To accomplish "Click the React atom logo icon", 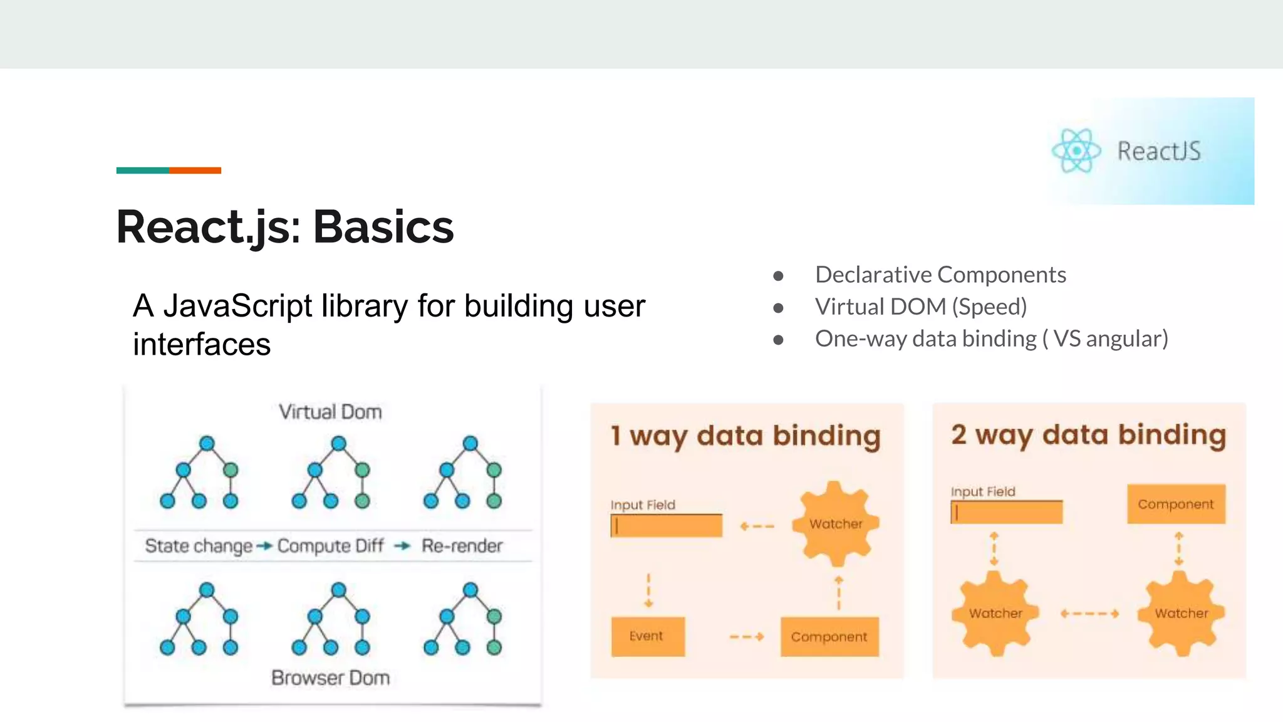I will [1076, 151].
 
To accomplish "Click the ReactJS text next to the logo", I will [1159, 152].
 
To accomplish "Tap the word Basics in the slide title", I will [383, 227].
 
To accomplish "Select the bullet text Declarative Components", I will [940, 275].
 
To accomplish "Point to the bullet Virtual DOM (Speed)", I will [920, 306].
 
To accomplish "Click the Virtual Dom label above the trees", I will [330, 412].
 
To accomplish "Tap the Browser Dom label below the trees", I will [330, 678].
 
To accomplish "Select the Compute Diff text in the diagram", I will [330, 546].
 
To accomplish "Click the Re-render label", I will [462, 546].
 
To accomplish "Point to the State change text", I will [199, 546].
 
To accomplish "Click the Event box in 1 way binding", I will [647, 636].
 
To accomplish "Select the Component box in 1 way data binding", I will [829, 637].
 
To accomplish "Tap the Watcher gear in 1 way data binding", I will [835, 524].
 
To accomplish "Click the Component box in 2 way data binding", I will [1175, 504].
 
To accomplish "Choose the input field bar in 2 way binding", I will [1006, 513].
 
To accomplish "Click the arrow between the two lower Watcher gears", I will [1089, 614].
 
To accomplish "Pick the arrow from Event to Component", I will [747, 637].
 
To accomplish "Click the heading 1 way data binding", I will [745, 436].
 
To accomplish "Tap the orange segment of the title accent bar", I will [195, 170].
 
